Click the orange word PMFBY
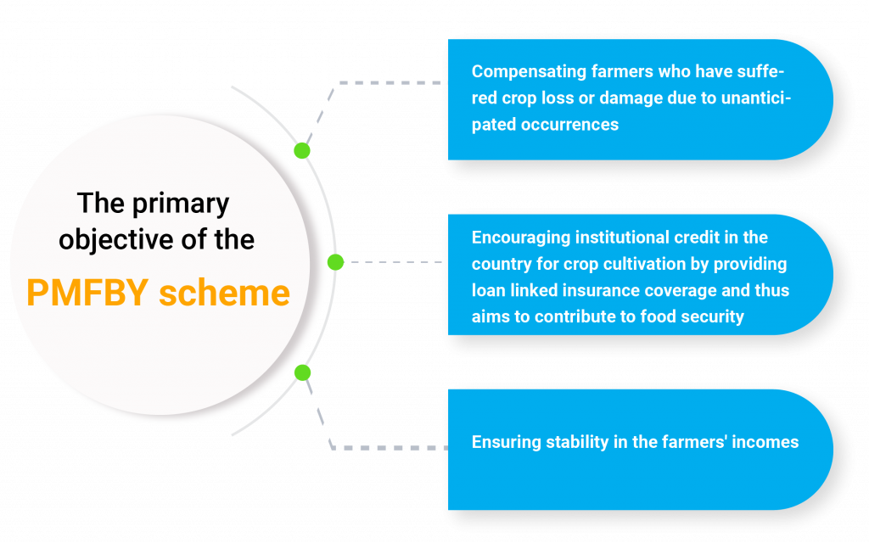[x=87, y=293]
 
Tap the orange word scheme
[x=224, y=293]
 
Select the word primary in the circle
[x=181, y=204]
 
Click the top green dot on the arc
[x=301, y=150]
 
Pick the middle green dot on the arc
[x=335, y=262]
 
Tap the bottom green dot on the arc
[x=302, y=373]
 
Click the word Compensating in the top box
[x=529, y=72]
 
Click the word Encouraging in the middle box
[x=520, y=238]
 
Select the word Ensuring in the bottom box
[x=506, y=443]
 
